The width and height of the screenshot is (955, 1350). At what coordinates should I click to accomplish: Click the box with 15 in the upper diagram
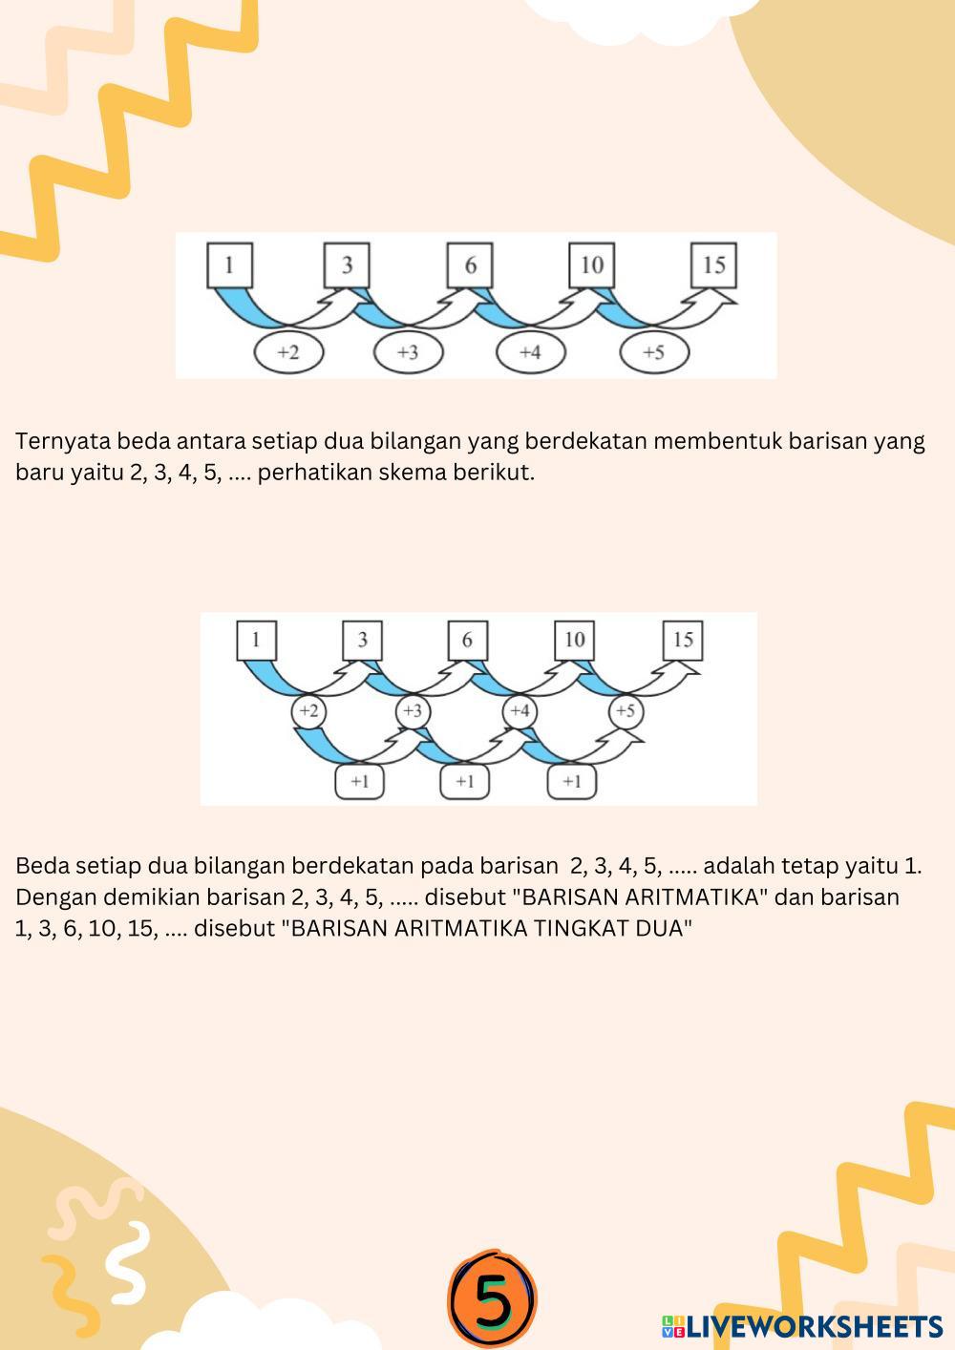tap(713, 265)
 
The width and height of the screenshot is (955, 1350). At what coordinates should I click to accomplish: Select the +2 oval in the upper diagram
tap(288, 352)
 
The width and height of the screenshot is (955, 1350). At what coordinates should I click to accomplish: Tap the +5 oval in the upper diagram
tap(654, 352)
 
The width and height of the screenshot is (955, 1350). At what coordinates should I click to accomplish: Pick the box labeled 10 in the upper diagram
tap(592, 265)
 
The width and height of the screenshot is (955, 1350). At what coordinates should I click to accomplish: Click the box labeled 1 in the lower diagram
tap(256, 641)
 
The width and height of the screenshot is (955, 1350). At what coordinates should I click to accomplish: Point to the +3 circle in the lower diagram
tap(413, 711)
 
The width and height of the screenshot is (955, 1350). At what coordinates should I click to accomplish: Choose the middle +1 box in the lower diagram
tap(465, 782)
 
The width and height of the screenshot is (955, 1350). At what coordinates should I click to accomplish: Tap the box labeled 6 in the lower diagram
tap(467, 641)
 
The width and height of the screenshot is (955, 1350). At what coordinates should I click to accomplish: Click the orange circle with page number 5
tap(492, 1297)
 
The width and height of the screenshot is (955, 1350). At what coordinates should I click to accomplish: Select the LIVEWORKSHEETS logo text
tap(802, 1326)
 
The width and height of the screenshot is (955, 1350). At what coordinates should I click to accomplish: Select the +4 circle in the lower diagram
tap(519, 711)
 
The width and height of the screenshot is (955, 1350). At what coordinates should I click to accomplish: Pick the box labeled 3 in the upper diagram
tap(347, 265)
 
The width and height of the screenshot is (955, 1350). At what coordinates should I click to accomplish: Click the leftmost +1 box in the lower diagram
tap(359, 782)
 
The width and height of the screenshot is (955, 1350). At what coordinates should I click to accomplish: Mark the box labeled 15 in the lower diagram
tap(683, 641)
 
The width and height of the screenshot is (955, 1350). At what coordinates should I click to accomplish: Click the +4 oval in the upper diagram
tap(530, 352)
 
